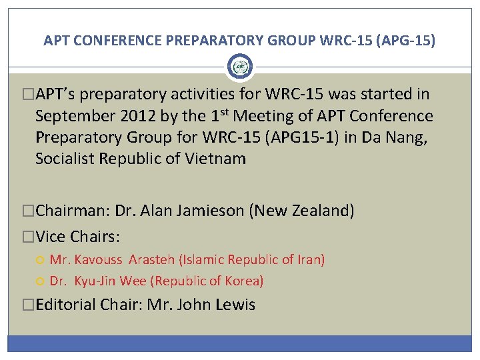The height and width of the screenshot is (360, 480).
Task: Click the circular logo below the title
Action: (239, 67)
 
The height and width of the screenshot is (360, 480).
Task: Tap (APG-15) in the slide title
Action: (405, 41)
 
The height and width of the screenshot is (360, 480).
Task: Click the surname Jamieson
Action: (213, 211)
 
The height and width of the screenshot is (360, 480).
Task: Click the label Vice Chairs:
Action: (77, 237)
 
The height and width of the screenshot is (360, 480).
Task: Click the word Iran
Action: (308, 259)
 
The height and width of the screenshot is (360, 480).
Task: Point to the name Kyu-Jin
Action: (97, 281)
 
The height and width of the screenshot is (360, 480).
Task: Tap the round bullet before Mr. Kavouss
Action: (41, 259)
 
